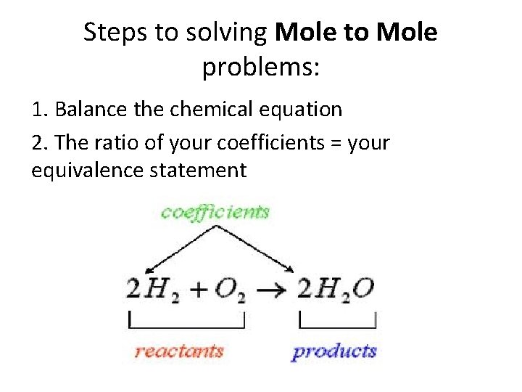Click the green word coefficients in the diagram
[215, 212]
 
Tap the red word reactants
[179, 352]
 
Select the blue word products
[334, 352]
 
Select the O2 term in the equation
[231, 290]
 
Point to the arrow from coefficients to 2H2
[178, 249]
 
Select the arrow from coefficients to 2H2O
[254, 249]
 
